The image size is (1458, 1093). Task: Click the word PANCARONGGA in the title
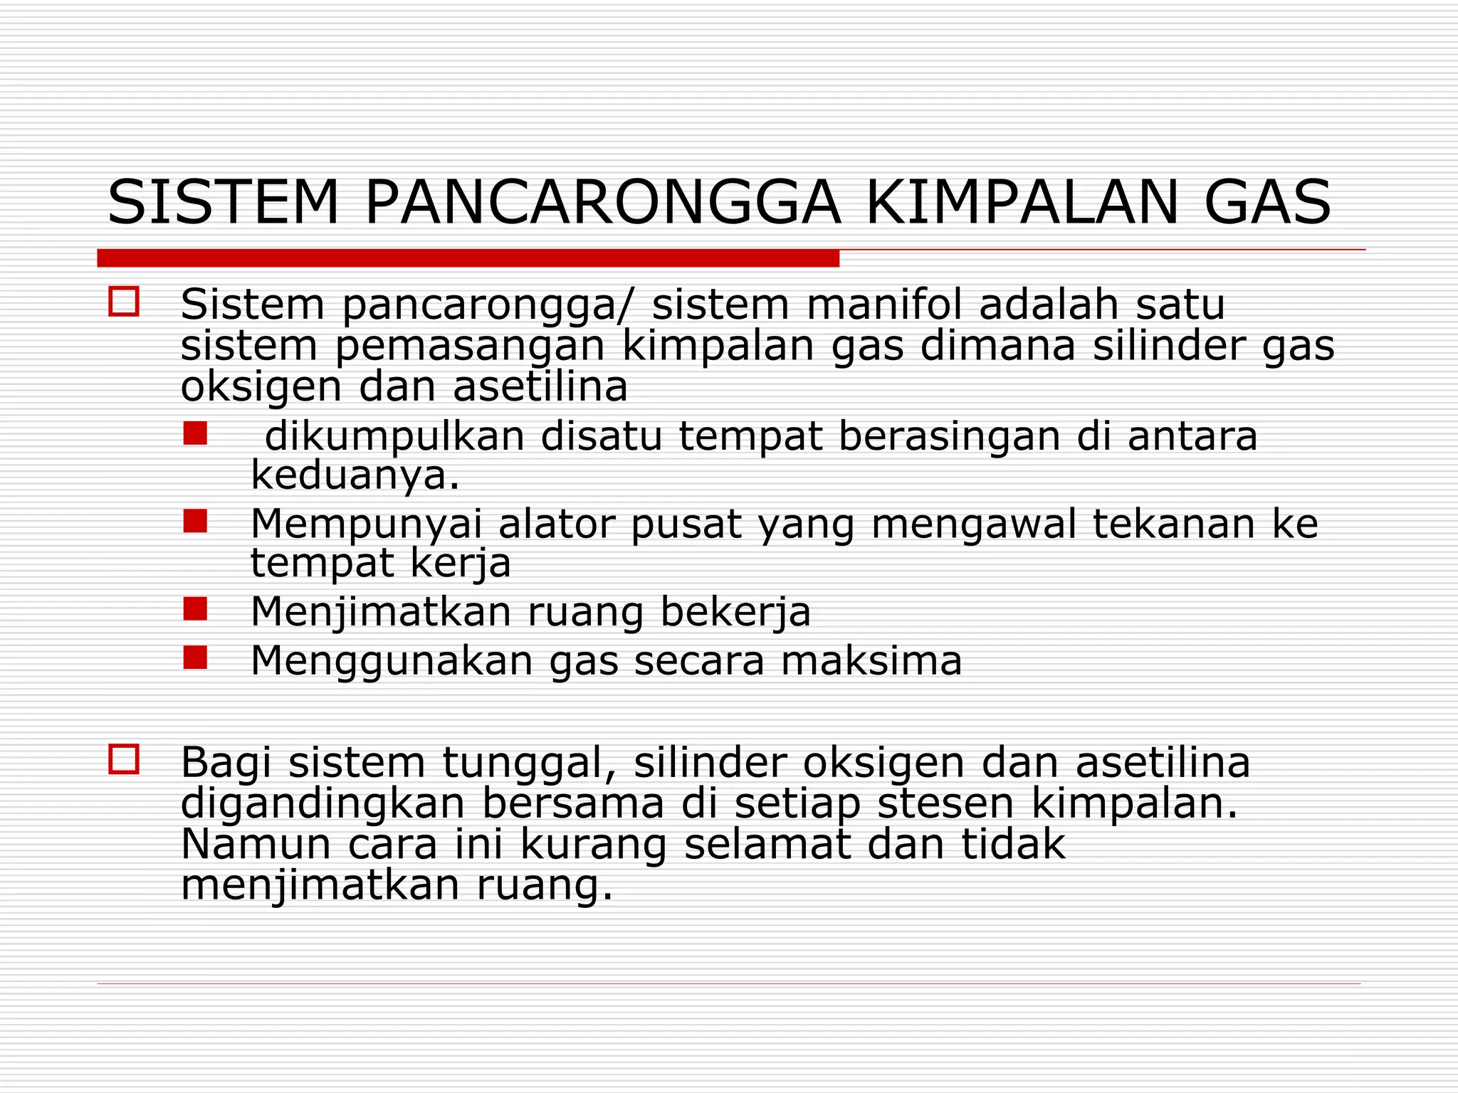(602, 203)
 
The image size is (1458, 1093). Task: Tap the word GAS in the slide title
(1267, 203)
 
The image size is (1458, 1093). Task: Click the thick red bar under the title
(468, 258)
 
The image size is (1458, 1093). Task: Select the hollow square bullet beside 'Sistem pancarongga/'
(124, 301)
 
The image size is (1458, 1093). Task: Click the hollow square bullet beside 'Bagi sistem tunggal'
(124, 759)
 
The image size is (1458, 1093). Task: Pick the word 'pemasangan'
(470, 347)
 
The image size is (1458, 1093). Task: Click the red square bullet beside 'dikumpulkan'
(195, 433)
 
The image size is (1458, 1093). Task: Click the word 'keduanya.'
(355, 476)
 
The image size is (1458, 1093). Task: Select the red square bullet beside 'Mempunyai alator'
(195, 521)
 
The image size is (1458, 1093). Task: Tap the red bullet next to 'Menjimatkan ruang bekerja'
(195, 609)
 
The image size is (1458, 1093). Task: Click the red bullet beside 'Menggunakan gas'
(195, 658)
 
